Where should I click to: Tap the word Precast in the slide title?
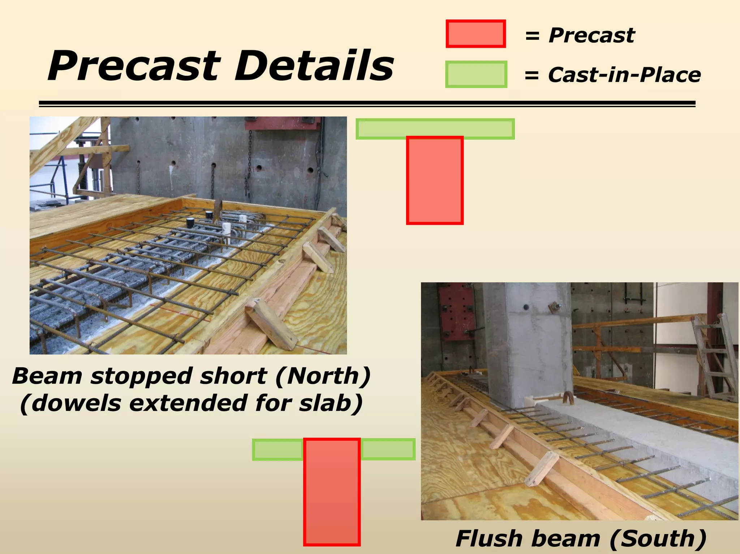134,66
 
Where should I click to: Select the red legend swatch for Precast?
476,34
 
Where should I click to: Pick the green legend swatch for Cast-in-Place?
476,74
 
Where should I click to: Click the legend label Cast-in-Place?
624,75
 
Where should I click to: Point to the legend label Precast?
591,35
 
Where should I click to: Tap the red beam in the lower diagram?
332,491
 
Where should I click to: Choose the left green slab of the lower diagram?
277,450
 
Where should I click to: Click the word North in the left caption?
323,376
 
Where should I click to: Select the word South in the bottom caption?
657,539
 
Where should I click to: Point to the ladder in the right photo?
714,358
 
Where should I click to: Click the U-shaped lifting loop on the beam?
568,398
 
